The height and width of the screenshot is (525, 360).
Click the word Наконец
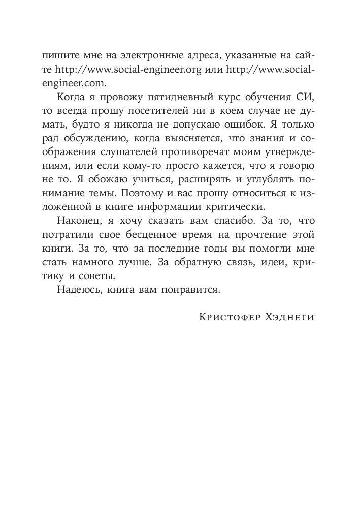pos(79,223)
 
